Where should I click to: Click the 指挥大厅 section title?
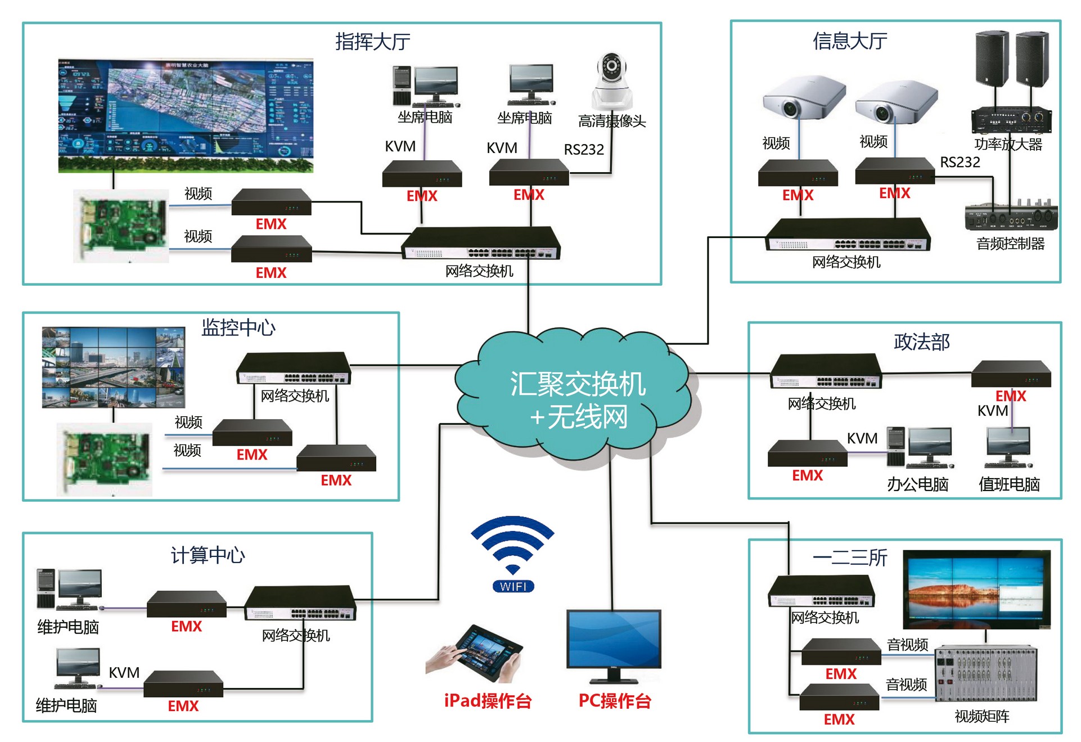click(372, 42)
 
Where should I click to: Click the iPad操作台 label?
click(488, 701)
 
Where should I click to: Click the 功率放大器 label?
click(1008, 145)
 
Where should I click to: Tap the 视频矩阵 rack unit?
click(985, 674)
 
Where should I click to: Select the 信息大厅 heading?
click(849, 41)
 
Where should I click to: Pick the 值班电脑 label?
click(1009, 484)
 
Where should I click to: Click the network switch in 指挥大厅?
click(481, 243)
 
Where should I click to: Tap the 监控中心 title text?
click(238, 327)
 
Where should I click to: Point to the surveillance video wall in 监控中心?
click(114, 367)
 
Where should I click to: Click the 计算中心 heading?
click(208, 555)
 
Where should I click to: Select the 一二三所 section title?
click(849, 557)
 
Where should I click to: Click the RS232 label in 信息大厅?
click(960, 163)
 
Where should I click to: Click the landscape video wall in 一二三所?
click(976, 589)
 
